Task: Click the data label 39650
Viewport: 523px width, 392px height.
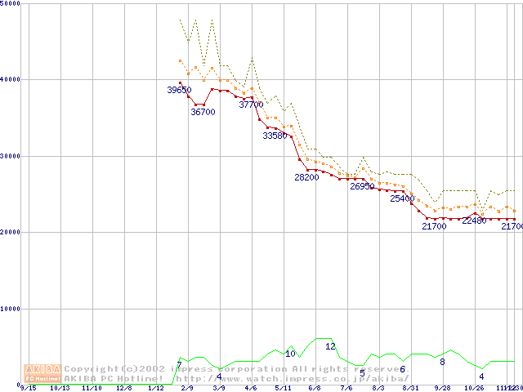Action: pyautogui.click(x=179, y=90)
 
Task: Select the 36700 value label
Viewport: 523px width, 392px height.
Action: pyautogui.click(x=203, y=112)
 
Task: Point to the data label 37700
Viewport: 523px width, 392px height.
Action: pyautogui.click(x=251, y=105)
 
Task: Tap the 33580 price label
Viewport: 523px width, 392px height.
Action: pyautogui.click(x=275, y=136)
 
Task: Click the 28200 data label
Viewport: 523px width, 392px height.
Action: pyautogui.click(x=306, y=177)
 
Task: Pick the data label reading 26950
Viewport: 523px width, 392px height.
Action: pyautogui.click(x=362, y=186)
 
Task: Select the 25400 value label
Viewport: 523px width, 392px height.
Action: pyautogui.click(x=402, y=198)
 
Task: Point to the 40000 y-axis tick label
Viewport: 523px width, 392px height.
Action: pyautogui.click(x=11, y=79)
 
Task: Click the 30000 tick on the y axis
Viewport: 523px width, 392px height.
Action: pyautogui.click(x=11, y=156)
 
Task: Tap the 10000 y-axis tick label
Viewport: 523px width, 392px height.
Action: pyautogui.click(x=11, y=309)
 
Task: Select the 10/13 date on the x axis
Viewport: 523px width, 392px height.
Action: pyautogui.click(x=60, y=389)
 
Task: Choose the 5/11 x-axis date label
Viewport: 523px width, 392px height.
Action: pyautogui.click(x=283, y=389)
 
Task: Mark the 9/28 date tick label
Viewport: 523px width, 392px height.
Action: pyautogui.click(x=442, y=389)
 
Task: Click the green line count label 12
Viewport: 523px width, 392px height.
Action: pyautogui.click(x=330, y=346)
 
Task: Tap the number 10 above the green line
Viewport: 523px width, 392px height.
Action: pyautogui.click(x=290, y=354)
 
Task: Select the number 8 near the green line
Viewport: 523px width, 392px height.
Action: pyautogui.click(x=442, y=362)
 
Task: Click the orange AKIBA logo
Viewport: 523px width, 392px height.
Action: pyautogui.click(x=42, y=372)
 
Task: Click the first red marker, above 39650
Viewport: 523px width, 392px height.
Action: pyautogui.click(x=180, y=82)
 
